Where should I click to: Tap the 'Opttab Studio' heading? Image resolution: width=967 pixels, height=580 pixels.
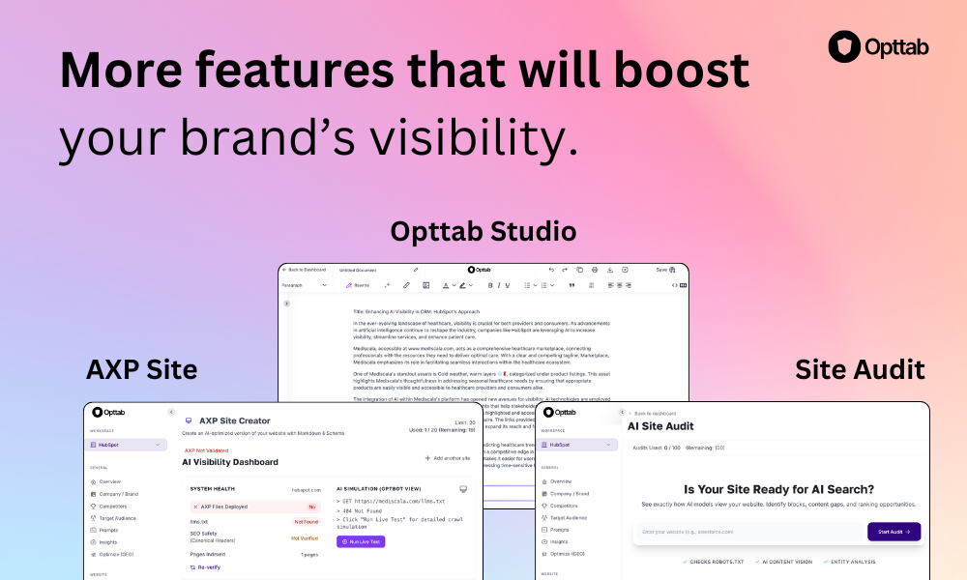pyautogui.click(x=483, y=231)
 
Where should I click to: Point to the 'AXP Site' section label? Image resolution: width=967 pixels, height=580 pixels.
pyautogui.click(x=141, y=369)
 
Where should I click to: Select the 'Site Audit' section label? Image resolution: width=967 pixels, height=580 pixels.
pyautogui.click(x=860, y=369)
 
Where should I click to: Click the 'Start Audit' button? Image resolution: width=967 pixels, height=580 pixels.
pyautogui.click(x=894, y=532)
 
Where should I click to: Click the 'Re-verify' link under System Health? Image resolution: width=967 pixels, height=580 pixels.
pyautogui.click(x=206, y=567)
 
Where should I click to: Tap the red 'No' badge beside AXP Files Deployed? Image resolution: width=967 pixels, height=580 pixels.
pyautogui.click(x=311, y=506)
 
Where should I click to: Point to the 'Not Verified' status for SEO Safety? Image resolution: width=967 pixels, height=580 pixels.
pyautogui.click(x=305, y=537)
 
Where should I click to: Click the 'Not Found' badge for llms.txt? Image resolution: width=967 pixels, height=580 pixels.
pyautogui.click(x=306, y=521)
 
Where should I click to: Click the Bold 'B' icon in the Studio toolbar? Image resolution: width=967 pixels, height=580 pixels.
pyautogui.click(x=491, y=285)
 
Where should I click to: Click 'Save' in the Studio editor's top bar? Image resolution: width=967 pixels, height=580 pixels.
pyautogui.click(x=662, y=270)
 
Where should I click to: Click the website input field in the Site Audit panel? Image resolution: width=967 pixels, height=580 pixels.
pyautogui.click(x=749, y=532)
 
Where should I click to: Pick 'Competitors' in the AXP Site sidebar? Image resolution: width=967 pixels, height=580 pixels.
pyautogui.click(x=112, y=506)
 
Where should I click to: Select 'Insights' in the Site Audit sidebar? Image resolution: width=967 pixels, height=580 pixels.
pyautogui.click(x=561, y=542)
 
